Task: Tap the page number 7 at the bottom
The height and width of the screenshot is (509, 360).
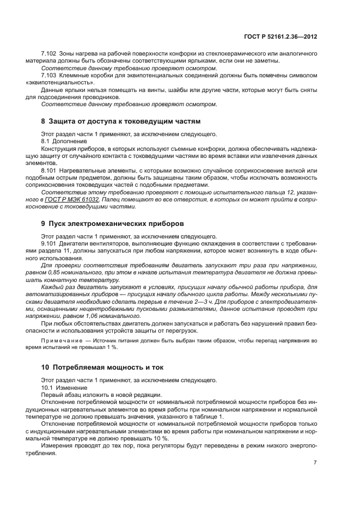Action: click(315, 462)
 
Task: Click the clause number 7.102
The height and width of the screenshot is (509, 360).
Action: click(49, 53)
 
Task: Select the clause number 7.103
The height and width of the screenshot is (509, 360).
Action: click(49, 75)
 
